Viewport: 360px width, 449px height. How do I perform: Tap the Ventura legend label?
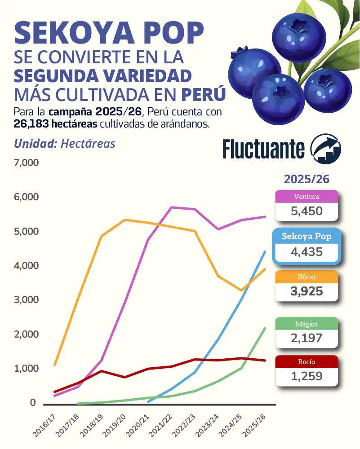point(306,196)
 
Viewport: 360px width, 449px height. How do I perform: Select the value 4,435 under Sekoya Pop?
point(307,252)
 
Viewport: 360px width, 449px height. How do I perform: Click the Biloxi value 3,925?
point(307,291)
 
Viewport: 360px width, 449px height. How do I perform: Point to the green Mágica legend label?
point(307,324)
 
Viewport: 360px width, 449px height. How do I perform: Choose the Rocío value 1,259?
point(307,376)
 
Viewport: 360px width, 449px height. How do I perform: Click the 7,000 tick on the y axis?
point(27,163)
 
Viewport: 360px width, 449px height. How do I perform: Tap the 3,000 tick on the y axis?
point(27,300)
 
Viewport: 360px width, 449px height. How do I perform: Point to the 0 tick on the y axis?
point(33,403)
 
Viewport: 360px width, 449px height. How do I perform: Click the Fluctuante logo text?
point(263,148)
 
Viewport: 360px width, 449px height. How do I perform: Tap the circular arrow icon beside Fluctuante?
point(326,148)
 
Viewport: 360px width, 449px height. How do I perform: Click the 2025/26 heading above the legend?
point(307,179)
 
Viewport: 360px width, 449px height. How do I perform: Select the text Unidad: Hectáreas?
point(65,143)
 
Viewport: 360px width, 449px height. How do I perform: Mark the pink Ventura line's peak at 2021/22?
point(171,207)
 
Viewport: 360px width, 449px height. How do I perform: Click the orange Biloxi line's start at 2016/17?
point(54,365)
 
